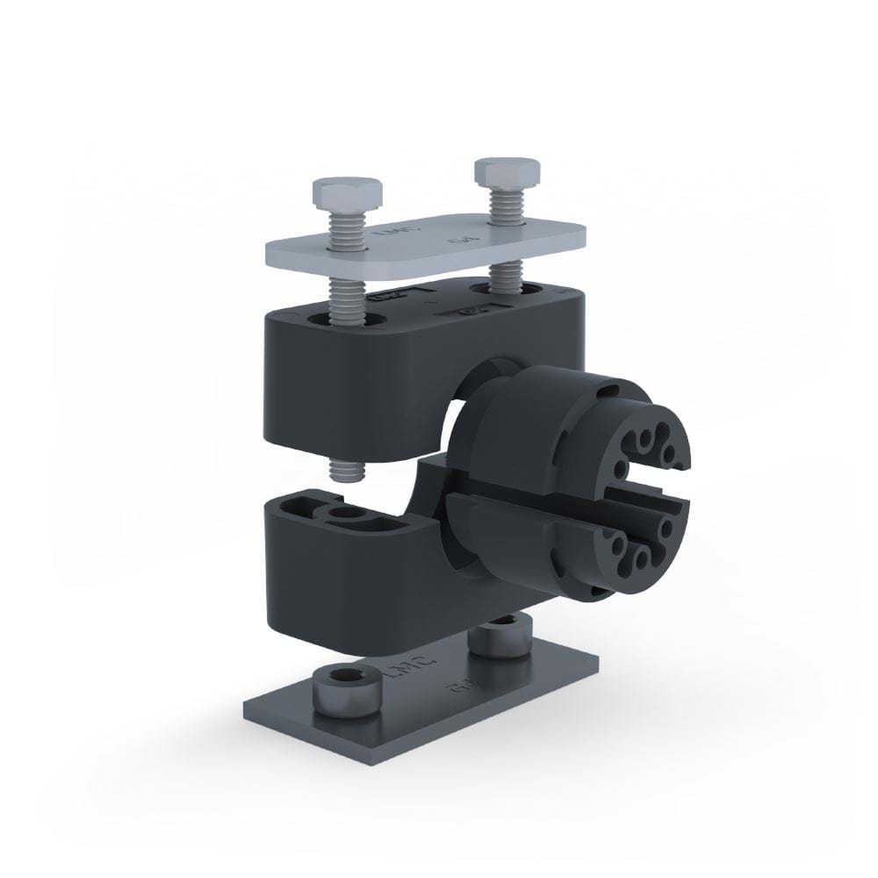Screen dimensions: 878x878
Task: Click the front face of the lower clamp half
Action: [x=351, y=579]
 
